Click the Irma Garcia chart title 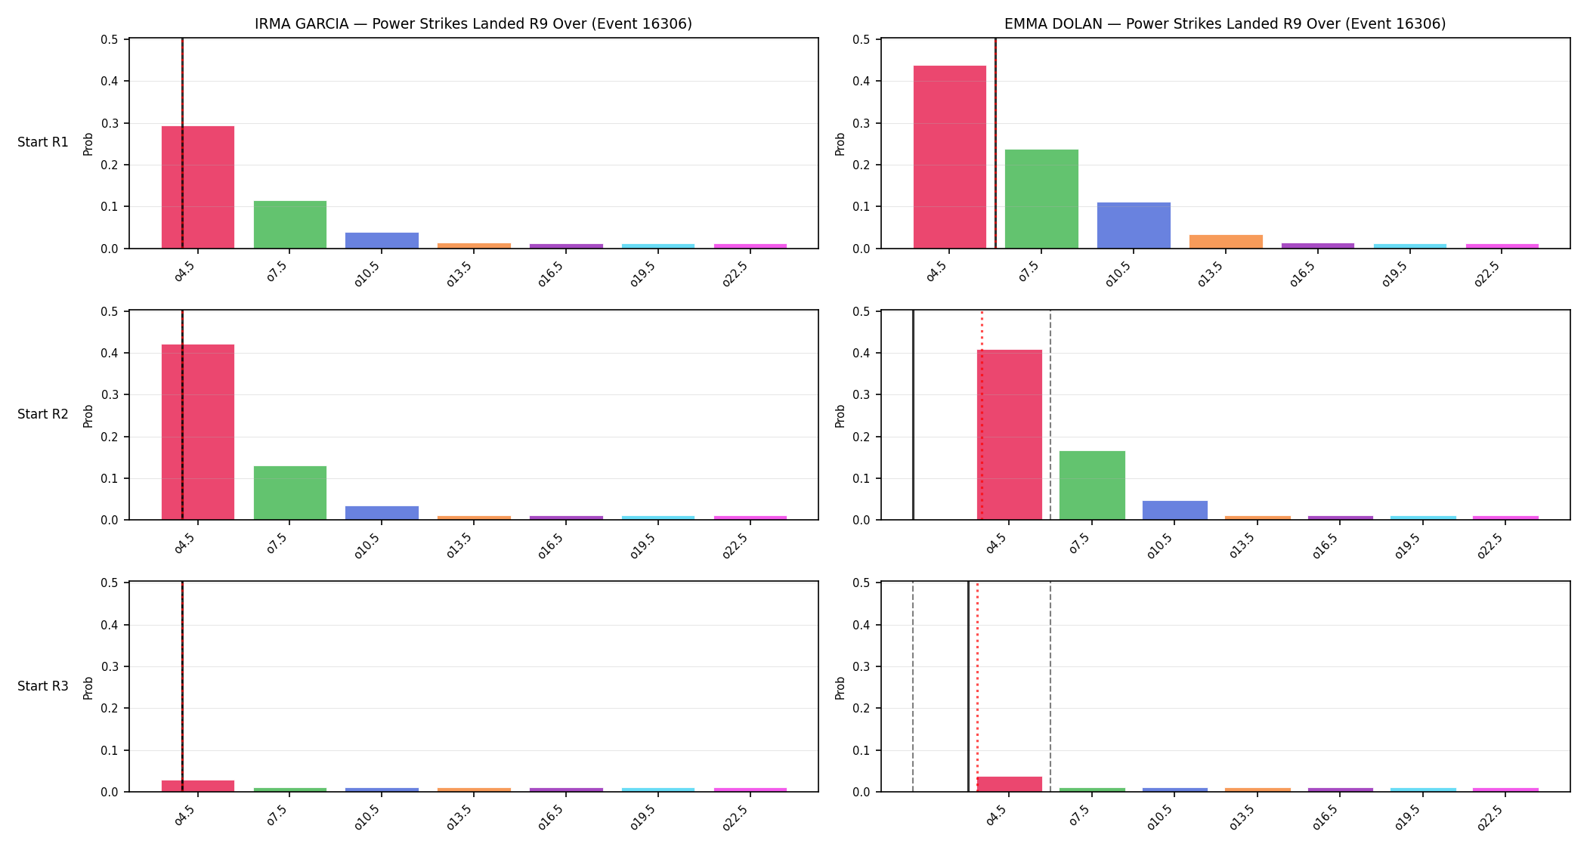(473, 23)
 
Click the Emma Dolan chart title (1225, 23)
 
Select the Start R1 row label (43, 142)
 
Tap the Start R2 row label (43, 414)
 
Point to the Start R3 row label (43, 686)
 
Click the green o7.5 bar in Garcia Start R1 (290, 224)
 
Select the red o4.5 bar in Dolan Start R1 (950, 157)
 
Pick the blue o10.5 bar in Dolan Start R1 (1134, 225)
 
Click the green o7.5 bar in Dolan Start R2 (1092, 485)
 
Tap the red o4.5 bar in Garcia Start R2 (198, 432)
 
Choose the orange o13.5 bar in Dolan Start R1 (1226, 242)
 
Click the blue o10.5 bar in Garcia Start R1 (382, 240)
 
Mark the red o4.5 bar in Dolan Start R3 (1010, 784)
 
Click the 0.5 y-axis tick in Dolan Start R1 (862, 39)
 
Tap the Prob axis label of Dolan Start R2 (840, 416)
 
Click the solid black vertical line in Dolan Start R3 (968, 687)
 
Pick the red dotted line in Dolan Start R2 (982, 415)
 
